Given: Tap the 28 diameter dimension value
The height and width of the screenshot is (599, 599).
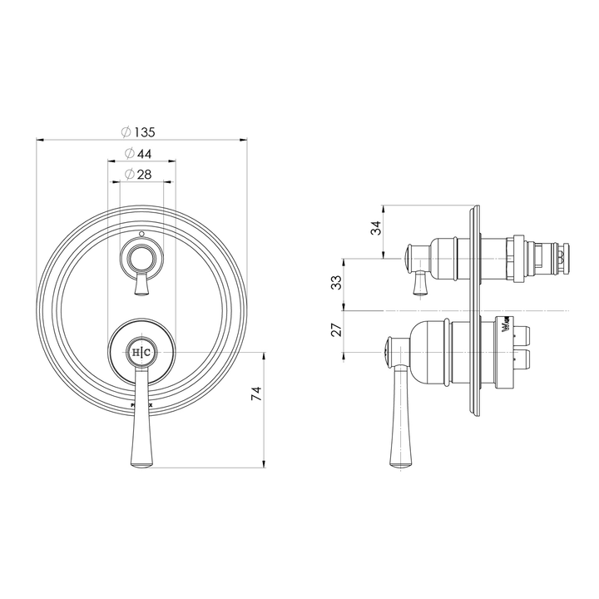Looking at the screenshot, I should click(x=142, y=174).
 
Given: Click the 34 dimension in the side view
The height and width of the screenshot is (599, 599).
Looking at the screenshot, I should click(x=376, y=227).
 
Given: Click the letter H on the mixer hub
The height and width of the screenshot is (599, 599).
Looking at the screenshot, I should click(x=136, y=353).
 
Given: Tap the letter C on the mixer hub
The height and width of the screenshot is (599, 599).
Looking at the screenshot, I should click(x=147, y=353).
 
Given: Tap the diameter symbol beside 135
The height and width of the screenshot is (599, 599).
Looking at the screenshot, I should click(x=125, y=131).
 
